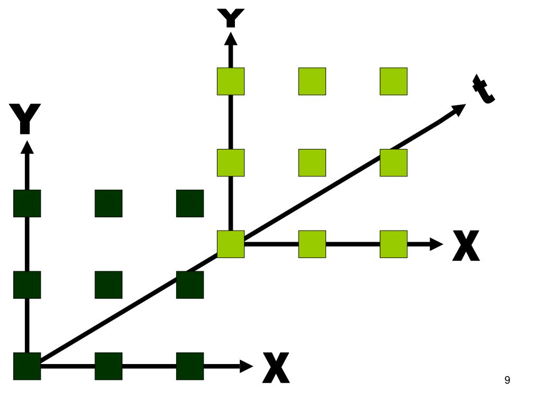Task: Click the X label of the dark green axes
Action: click(276, 367)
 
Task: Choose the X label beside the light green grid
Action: click(466, 245)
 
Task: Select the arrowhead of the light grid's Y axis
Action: click(231, 38)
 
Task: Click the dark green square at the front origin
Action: click(27, 366)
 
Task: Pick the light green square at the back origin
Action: click(231, 244)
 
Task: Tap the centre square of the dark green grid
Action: click(109, 285)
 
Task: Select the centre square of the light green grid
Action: click(312, 163)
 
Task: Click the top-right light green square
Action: click(393, 81)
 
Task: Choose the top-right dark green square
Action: click(190, 203)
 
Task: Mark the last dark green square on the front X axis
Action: click(190, 366)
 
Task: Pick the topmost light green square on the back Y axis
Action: click(231, 81)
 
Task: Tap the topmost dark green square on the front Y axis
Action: click(27, 203)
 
